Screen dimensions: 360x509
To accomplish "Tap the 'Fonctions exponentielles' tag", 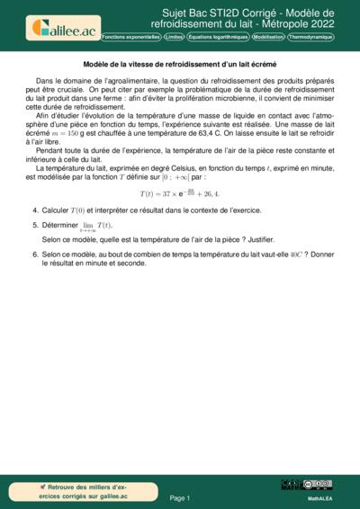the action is coord(131,38).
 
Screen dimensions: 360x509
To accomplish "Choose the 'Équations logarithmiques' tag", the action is coord(218,38).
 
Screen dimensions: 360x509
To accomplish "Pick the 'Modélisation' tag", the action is coord(269,38).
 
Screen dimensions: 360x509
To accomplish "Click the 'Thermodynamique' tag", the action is coord(310,38).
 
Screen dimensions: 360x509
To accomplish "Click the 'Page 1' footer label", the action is coord(179,497).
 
